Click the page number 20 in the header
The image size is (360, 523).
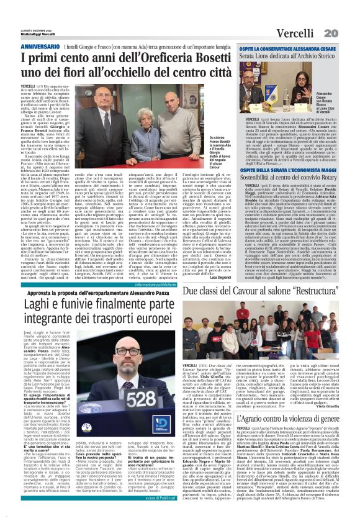(x=348, y=32)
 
